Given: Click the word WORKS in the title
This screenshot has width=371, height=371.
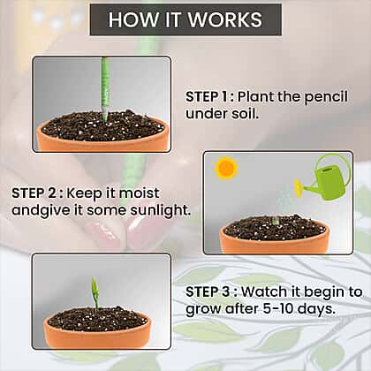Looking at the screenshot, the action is tap(225, 19).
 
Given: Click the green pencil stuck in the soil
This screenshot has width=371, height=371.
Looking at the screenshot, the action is tap(105, 89).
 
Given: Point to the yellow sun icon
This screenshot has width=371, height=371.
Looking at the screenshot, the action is tap(225, 168).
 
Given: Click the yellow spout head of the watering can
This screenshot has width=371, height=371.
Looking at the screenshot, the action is tap(299, 187).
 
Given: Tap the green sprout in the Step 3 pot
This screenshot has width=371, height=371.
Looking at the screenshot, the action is tap(95, 295).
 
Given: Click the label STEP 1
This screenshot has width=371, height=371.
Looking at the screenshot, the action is tap(207, 97).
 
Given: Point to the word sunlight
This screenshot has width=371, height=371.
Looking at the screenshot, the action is tap(159, 211).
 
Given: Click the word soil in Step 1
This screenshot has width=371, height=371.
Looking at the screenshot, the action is tap(245, 114).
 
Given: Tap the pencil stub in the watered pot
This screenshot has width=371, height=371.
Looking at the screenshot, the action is tap(276, 221).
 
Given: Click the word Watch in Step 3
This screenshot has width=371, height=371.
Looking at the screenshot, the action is tap(264, 291).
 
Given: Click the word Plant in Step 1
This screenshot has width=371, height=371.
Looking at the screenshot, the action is tap(256, 97).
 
